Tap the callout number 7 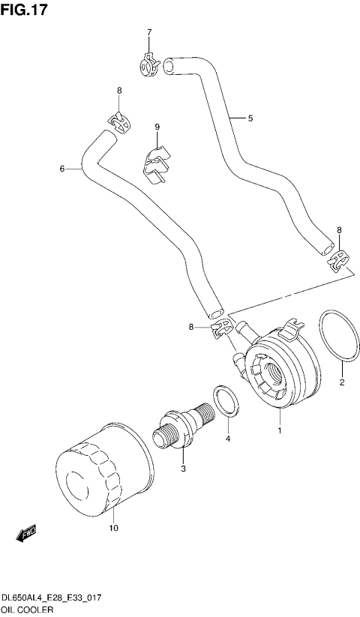pos(148,32)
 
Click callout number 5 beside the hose pos(250,118)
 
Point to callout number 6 pos(62,169)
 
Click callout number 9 pos(157,127)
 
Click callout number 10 pos(114,528)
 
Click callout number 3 pos(181,469)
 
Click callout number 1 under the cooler pos(280,431)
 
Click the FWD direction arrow pos(27,533)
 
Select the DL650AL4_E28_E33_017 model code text pos(51,597)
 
